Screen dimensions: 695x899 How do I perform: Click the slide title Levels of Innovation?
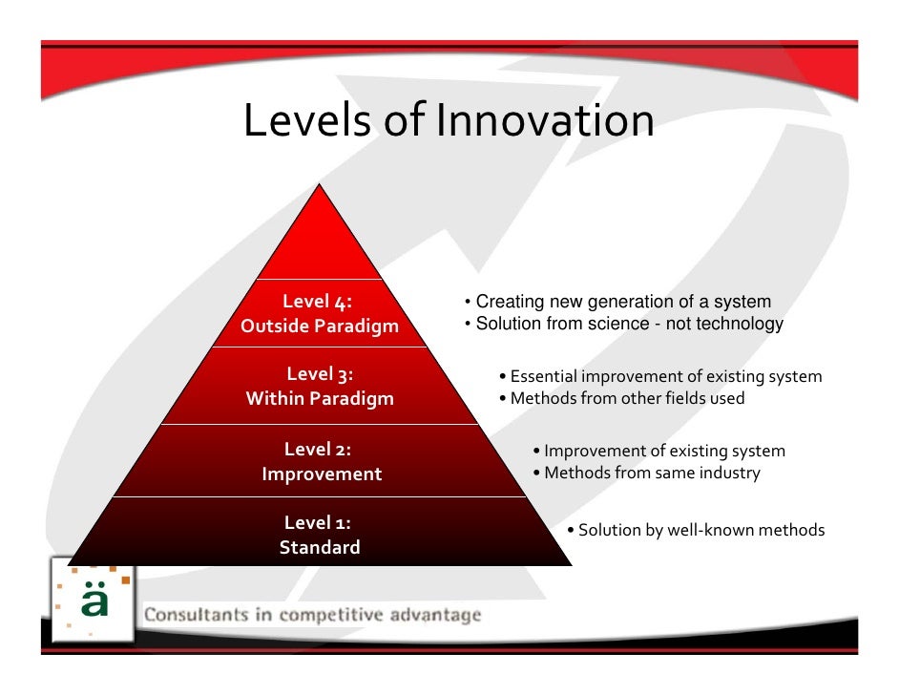pyautogui.click(x=449, y=121)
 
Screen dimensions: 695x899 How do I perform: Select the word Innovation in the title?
pyautogui.click(x=545, y=121)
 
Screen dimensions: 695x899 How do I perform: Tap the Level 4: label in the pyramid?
pyautogui.click(x=318, y=303)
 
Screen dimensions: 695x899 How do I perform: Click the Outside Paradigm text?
pyautogui.click(x=320, y=326)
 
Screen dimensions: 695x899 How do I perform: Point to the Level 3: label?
pyautogui.click(x=320, y=374)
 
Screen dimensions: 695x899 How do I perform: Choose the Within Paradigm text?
pyautogui.click(x=320, y=399)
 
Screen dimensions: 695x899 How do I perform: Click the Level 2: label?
pyautogui.click(x=319, y=449)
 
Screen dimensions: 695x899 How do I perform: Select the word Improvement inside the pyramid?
pyautogui.click(x=322, y=474)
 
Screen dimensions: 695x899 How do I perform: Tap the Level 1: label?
pyautogui.click(x=319, y=522)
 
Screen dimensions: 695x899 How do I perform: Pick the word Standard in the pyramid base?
pyautogui.click(x=320, y=548)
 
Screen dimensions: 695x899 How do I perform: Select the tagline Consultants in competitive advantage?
pyautogui.click(x=312, y=615)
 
